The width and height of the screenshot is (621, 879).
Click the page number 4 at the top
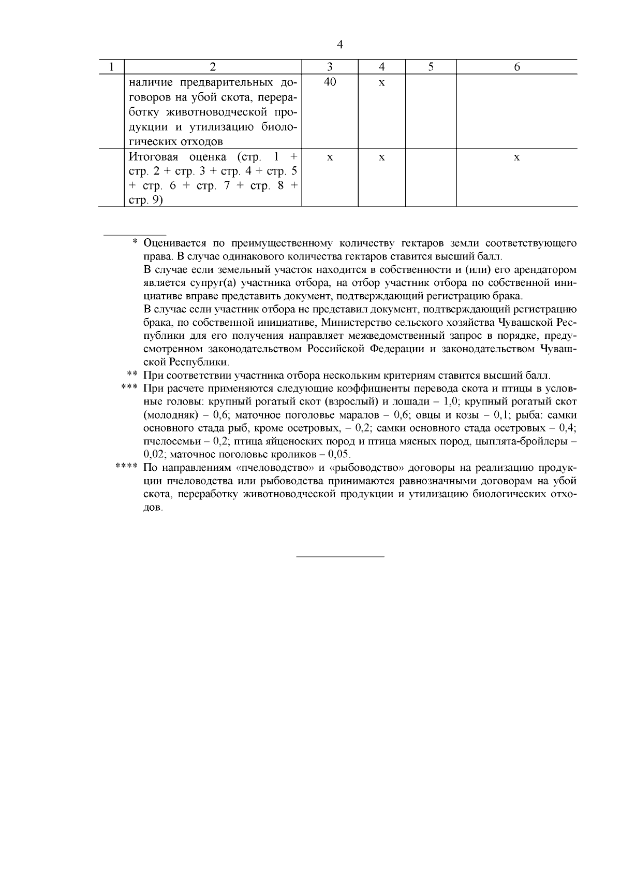pyautogui.click(x=339, y=45)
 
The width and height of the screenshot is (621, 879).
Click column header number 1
pyautogui.click(x=111, y=67)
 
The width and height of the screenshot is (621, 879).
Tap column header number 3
pyautogui.click(x=330, y=67)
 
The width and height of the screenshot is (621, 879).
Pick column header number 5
pyautogui.click(x=431, y=67)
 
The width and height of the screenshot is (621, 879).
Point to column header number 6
pyautogui.click(x=516, y=67)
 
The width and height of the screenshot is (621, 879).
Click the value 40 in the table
pyautogui.click(x=330, y=82)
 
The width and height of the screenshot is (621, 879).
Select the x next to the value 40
pyautogui.click(x=381, y=83)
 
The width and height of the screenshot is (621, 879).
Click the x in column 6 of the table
pyautogui.click(x=516, y=157)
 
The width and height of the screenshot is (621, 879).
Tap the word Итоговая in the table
pyautogui.click(x=151, y=157)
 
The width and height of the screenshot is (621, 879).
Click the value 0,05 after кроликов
pyautogui.click(x=339, y=454)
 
